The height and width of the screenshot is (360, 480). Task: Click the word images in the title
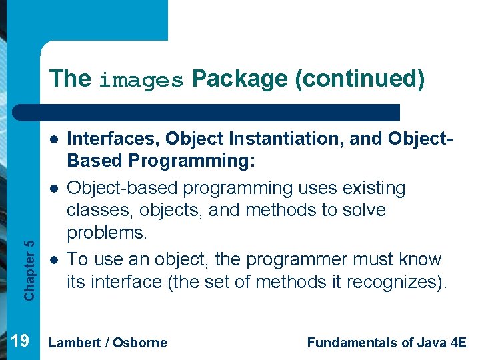141,81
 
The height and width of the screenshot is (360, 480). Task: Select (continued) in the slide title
361,79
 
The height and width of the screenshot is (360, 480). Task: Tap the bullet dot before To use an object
51,259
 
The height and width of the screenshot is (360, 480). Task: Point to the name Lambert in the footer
75,343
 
